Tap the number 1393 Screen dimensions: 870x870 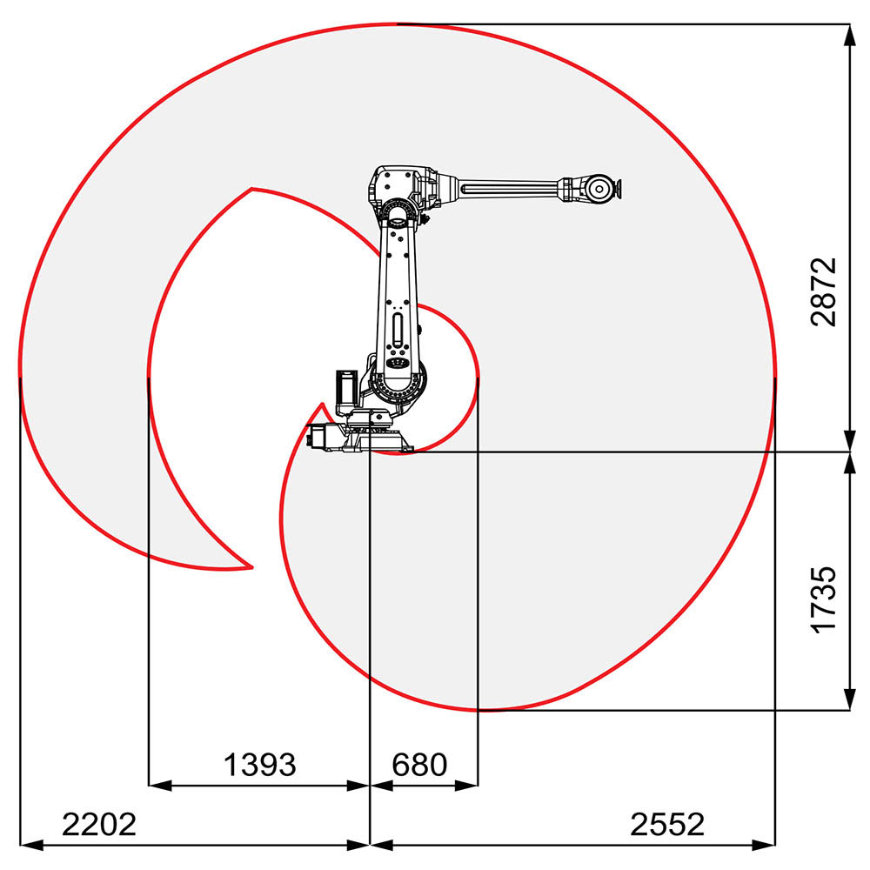click(x=260, y=765)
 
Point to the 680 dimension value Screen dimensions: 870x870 click(x=419, y=765)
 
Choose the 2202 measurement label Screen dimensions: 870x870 click(x=98, y=824)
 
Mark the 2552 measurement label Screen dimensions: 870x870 click(x=667, y=824)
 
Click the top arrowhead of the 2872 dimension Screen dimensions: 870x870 click(x=848, y=33)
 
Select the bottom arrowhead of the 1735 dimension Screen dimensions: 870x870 click(x=848, y=701)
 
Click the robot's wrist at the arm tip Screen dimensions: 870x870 click(x=599, y=188)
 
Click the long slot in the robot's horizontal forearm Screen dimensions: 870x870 click(x=509, y=187)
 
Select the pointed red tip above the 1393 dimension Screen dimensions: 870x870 click(x=251, y=567)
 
